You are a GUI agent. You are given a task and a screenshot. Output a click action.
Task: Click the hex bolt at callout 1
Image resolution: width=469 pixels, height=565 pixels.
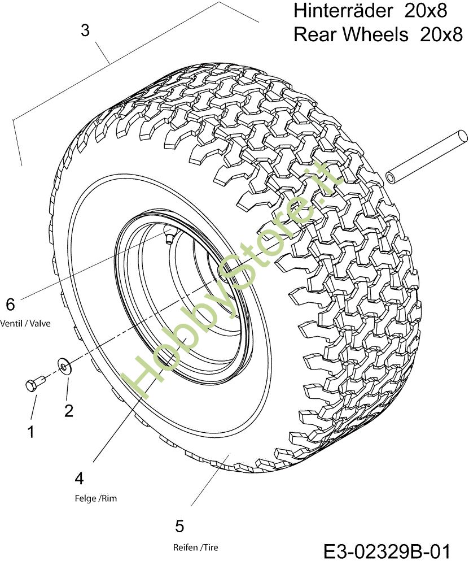[35, 384]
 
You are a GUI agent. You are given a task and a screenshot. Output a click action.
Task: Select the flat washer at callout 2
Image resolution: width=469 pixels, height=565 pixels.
[65, 367]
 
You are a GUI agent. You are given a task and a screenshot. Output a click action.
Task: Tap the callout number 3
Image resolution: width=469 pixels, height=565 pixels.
[85, 31]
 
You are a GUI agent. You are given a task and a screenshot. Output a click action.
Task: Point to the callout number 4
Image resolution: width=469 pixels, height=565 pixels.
[79, 479]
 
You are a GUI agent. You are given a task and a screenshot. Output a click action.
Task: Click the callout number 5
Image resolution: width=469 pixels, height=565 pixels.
[179, 526]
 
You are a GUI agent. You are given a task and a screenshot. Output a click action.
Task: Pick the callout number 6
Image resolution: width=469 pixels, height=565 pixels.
[10, 305]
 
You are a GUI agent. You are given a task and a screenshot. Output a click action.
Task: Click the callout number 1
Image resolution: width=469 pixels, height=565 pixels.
[31, 431]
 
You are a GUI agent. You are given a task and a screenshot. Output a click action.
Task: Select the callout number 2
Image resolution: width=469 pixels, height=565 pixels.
[69, 410]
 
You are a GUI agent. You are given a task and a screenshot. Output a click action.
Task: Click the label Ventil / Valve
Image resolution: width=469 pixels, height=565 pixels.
[25, 323]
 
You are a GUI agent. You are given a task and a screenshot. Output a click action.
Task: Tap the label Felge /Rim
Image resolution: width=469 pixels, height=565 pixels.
[96, 498]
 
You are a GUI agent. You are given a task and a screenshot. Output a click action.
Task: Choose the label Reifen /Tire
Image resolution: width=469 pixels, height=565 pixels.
[196, 547]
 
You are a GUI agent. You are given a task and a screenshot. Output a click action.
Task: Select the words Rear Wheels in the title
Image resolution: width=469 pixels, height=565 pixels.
[351, 34]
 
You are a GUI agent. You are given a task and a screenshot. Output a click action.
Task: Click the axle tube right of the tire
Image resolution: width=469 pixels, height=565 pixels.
[427, 157]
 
